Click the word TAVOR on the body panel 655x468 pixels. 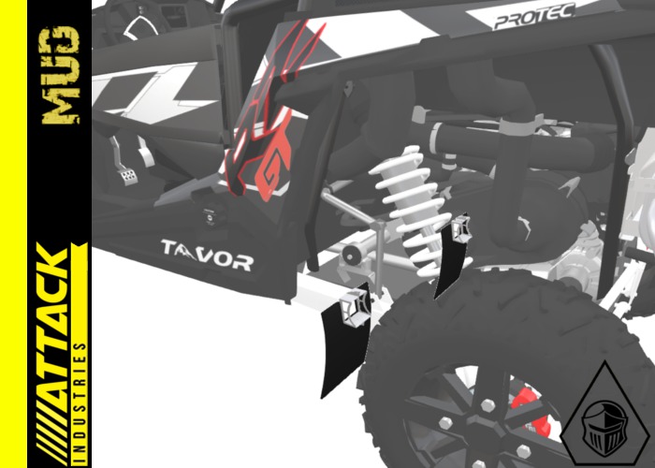point(206,254)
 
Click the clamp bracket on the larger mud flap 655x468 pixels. point(354,306)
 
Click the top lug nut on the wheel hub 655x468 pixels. point(487,405)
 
